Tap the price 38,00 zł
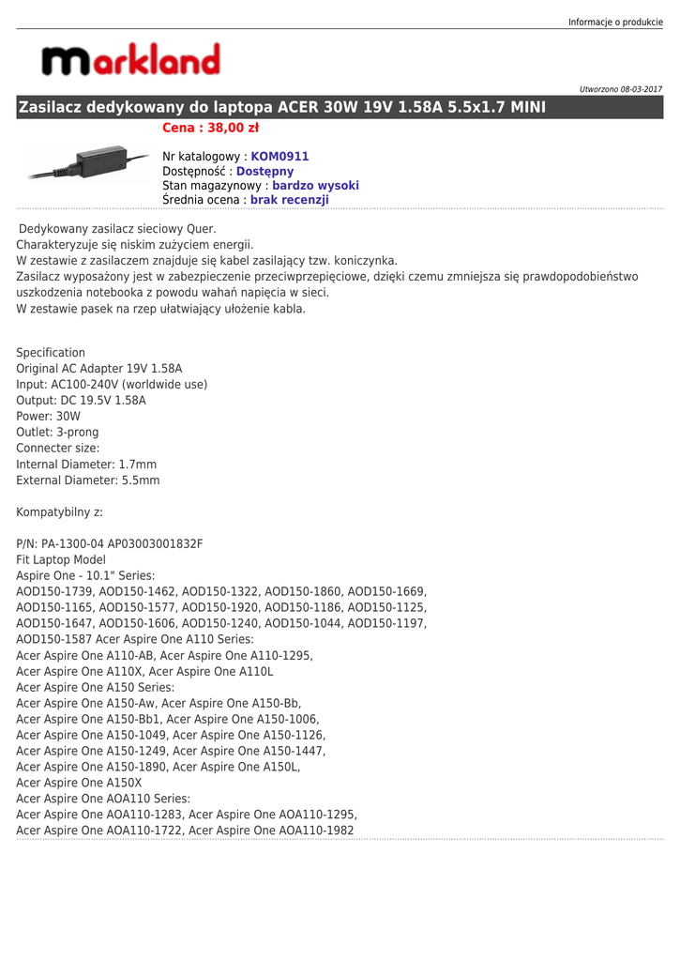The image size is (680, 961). click(211, 129)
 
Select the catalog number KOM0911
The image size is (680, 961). click(280, 157)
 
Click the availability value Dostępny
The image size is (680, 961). click(264, 171)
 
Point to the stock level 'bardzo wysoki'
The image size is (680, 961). click(315, 186)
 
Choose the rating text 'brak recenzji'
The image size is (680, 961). click(290, 200)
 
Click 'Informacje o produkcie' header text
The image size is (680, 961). click(615, 22)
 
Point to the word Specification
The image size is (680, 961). click(51, 353)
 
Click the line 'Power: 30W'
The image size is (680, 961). click(49, 416)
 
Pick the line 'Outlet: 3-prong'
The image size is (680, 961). click(57, 432)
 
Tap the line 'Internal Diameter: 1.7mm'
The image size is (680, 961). click(86, 464)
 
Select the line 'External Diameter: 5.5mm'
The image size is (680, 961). click(88, 480)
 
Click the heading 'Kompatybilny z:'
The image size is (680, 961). click(60, 511)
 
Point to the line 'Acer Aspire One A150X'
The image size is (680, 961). click(80, 782)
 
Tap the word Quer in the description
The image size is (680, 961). click(200, 228)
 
